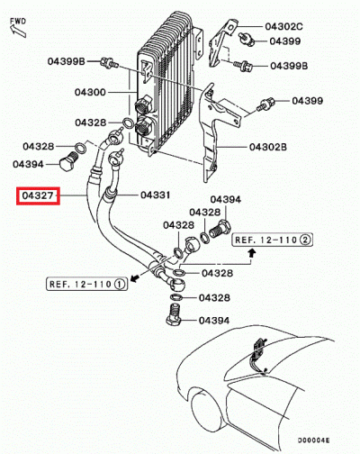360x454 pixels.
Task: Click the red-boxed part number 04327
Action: (x=39, y=195)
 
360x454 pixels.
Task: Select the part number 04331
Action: (x=155, y=195)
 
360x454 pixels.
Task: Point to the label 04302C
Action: (x=284, y=29)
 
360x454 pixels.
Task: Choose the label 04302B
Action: (x=267, y=147)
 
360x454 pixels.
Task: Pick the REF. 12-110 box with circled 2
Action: (x=273, y=241)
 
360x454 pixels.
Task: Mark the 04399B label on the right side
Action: (x=291, y=66)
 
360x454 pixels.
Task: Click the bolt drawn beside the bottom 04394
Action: (x=175, y=318)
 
